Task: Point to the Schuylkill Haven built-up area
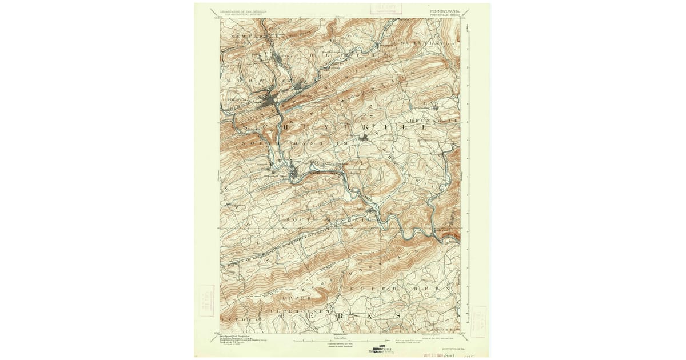pos(293,171)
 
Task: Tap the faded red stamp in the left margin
pos(206,301)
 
